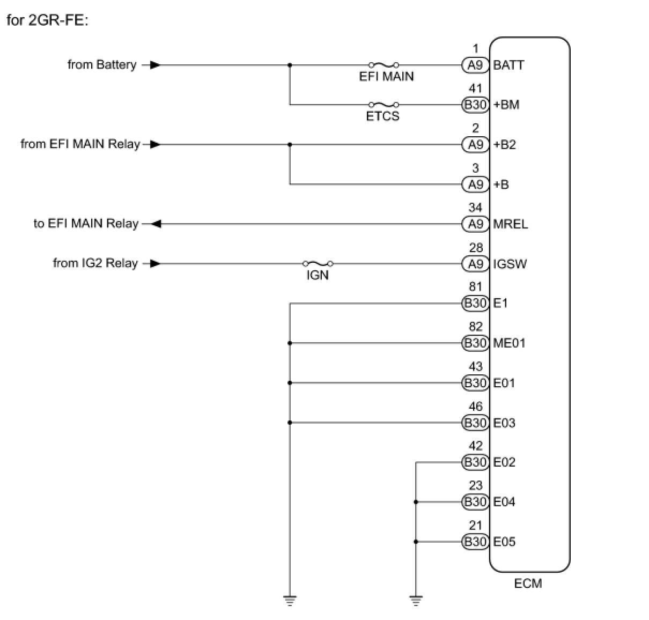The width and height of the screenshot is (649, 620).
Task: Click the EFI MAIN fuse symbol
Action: (383, 65)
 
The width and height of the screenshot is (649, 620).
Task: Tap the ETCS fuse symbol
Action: (383, 105)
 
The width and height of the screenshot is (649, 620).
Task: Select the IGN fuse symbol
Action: (318, 263)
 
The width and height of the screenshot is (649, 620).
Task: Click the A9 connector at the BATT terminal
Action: (475, 65)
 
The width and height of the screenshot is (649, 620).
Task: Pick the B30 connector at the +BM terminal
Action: (475, 105)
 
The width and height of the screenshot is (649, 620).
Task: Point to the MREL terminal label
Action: (510, 224)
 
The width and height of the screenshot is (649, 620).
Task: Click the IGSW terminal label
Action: (510, 263)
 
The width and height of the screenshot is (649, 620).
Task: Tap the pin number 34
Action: (475, 208)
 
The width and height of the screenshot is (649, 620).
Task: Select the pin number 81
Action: (475, 287)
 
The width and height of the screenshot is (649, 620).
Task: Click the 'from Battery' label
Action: (102, 65)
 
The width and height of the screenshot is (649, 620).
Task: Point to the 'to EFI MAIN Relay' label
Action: (86, 224)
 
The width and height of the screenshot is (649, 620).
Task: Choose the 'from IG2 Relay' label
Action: (95, 263)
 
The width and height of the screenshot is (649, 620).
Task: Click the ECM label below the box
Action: (528, 584)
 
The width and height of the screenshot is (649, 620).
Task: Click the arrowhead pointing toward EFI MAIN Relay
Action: (155, 224)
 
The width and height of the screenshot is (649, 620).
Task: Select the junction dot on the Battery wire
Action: (290, 65)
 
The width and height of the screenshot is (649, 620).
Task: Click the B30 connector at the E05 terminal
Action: (475, 542)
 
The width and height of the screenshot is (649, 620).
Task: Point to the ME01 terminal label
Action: (509, 343)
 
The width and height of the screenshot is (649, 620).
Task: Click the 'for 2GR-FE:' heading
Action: (47, 21)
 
